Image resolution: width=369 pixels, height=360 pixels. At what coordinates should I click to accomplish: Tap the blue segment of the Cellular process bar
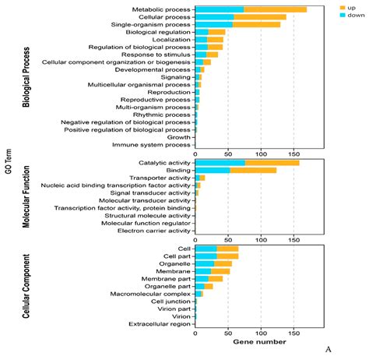point(214,16)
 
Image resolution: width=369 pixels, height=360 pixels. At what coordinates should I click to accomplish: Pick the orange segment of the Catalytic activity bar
point(272,163)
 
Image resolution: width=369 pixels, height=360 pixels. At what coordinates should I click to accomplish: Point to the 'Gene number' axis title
point(260,341)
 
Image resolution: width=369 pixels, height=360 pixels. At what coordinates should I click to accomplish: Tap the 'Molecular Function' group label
point(26,197)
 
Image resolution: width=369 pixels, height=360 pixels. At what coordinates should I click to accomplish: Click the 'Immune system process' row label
point(152,145)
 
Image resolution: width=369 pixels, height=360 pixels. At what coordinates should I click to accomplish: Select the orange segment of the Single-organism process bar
point(256,24)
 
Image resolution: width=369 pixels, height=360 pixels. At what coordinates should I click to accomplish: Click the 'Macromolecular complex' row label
point(150,293)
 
